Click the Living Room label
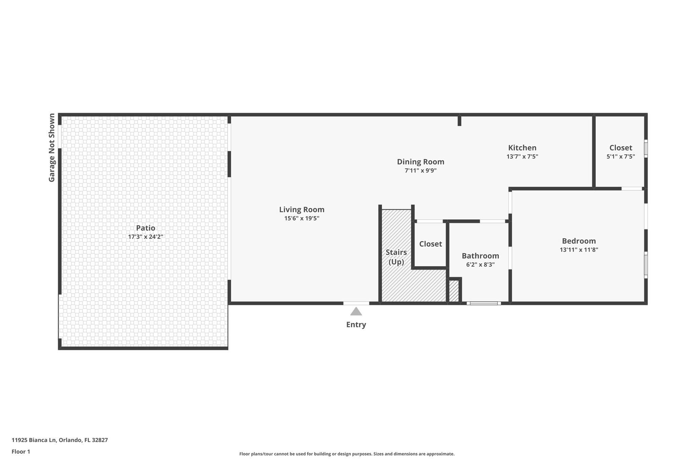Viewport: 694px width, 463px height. click(302, 210)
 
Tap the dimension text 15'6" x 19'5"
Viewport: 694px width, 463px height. click(302, 219)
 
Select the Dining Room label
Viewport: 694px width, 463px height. click(421, 162)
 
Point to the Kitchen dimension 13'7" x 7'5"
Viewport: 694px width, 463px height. click(522, 157)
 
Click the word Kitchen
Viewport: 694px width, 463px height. click(522, 148)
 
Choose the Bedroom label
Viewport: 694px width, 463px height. click(579, 241)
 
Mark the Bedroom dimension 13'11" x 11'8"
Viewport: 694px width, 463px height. click(579, 250)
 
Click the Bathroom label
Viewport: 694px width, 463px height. click(480, 256)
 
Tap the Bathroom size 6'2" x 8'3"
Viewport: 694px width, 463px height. click(480, 265)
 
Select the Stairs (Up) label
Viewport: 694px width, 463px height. click(396, 257)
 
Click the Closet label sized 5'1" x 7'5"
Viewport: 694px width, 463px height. click(620, 148)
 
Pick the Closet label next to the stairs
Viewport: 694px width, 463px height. click(430, 244)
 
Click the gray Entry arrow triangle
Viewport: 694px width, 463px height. click(356, 312)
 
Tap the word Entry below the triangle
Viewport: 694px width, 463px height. click(356, 325)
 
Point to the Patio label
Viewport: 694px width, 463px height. click(145, 228)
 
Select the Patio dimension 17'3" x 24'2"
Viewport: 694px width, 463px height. click(145, 237)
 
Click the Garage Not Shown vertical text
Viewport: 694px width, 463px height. click(52, 148)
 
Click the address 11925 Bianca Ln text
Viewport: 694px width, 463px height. click(60, 440)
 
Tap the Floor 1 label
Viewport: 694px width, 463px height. click(21, 451)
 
